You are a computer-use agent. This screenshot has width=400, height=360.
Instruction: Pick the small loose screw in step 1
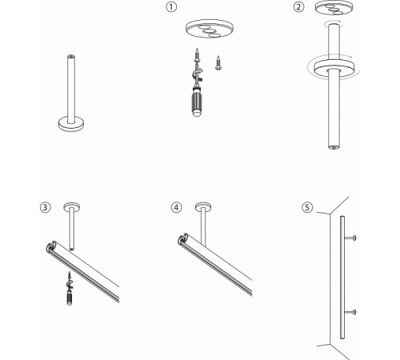click(217, 59)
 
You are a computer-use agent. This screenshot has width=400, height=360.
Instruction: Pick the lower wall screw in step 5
click(353, 310)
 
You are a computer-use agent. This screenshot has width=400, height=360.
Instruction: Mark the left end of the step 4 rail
click(182, 242)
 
